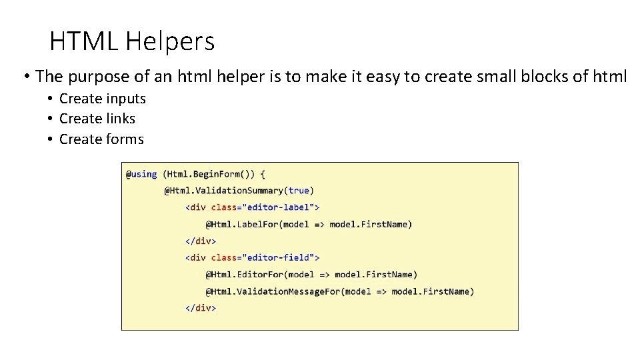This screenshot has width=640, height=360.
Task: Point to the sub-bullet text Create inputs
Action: [x=102, y=99]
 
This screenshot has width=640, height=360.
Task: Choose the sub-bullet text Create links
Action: [x=97, y=119]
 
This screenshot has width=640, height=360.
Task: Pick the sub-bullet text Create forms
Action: [x=101, y=139]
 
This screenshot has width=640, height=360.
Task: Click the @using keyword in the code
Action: [x=141, y=174]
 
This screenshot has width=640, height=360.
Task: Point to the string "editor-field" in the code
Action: [x=280, y=257]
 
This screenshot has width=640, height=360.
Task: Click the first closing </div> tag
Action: [x=201, y=241]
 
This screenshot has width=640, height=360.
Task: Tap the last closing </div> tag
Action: [x=201, y=307]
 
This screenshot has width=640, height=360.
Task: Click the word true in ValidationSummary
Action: [x=298, y=191]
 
